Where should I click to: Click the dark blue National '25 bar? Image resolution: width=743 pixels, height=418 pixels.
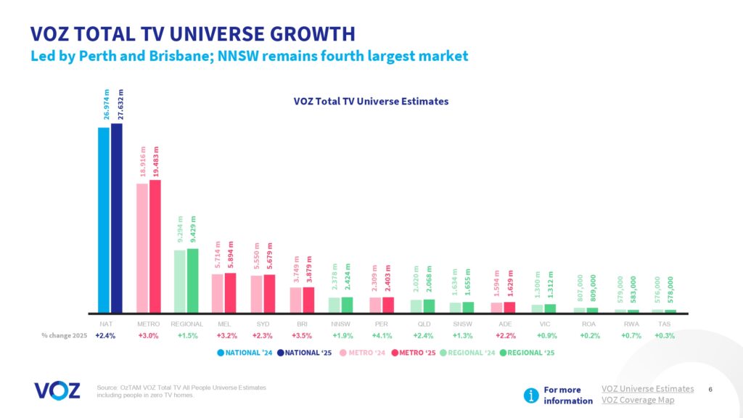[117, 218]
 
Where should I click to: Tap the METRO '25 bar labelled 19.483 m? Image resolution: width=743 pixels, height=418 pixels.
[155, 246]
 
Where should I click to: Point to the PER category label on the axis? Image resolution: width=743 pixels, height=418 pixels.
[381, 324]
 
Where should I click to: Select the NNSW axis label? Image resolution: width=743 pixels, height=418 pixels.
[342, 324]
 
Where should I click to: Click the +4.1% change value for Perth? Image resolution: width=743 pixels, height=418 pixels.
[381, 337]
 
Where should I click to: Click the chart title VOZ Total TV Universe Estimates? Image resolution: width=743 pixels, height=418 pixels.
[366, 102]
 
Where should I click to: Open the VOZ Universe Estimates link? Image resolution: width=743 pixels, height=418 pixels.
[647, 389]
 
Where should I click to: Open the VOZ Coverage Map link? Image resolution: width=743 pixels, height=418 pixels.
[638, 400]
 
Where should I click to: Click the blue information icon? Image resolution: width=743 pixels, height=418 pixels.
[532, 395]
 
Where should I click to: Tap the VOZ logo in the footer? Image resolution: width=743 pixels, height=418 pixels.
[57, 390]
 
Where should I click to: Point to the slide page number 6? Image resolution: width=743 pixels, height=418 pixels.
[710, 390]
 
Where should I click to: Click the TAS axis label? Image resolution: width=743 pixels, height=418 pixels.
[664, 324]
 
